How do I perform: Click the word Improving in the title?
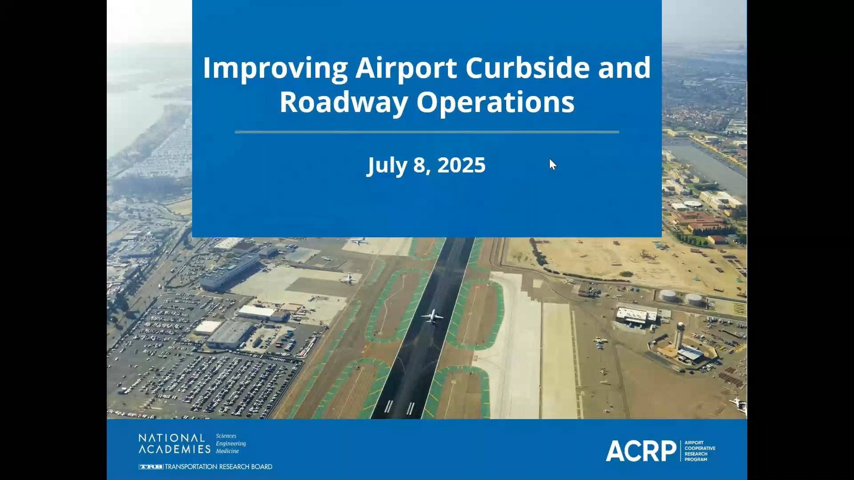pyautogui.click(x=275, y=68)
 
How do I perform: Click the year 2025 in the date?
pyautogui.click(x=461, y=165)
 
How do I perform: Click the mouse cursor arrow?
pyautogui.click(x=552, y=164)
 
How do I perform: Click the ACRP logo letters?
pyautogui.click(x=640, y=451)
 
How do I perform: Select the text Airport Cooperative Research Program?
pyautogui.click(x=700, y=451)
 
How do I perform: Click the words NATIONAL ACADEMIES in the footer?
pyautogui.click(x=174, y=444)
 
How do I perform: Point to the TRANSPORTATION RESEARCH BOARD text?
pyautogui.click(x=218, y=467)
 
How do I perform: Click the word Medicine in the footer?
pyautogui.click(x=227, y=451)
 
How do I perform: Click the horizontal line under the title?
pyautogui.click(x=427, y=132)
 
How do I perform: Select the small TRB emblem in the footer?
pyautogui.click(x=151, y=467)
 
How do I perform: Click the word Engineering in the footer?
pyautogui.click(x=231, y=444)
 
